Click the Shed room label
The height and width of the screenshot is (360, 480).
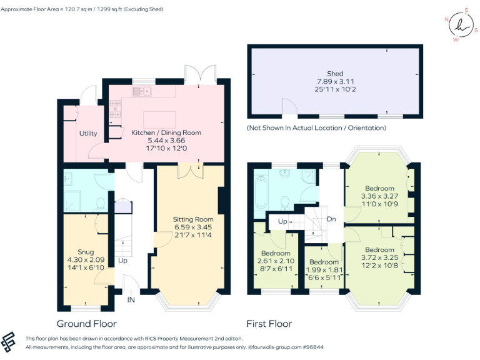click(x=335, y=74)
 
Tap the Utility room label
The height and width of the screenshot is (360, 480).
click(x=87, y=134)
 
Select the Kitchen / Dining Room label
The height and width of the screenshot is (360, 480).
click(x=166, y=132)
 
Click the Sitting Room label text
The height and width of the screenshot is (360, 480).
click(x=193, y=219)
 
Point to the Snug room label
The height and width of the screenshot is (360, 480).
click(x=86, y=252)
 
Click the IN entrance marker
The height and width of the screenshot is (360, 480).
click(x=131, y=300)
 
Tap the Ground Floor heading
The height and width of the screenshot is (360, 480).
click(x=86, y=324)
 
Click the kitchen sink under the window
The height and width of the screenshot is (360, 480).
click(x=142, y=92)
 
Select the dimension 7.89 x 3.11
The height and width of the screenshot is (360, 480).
click(x=335, y=82)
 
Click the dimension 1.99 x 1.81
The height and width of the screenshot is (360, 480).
click(x=324, y=270)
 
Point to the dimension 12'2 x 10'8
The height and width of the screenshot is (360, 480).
click(x=379, y=265)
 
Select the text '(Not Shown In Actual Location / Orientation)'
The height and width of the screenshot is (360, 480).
click(x=316, y=127)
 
